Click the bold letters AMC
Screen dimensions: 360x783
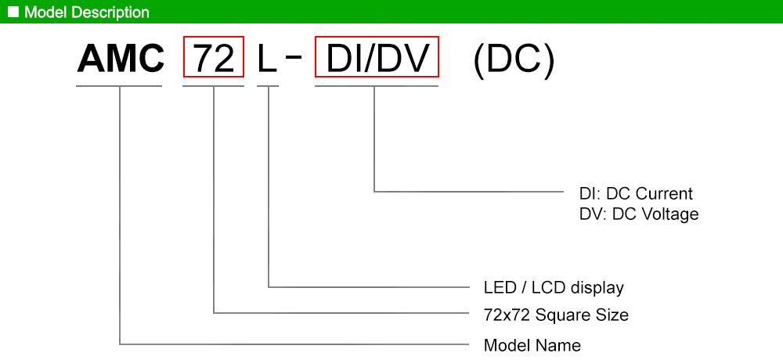point(120,59)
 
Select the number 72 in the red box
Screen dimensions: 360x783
point(214,59)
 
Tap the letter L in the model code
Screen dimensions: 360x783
point(267,59)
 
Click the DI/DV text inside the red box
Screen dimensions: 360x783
point(377,59)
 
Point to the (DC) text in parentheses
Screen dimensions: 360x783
point(514,59)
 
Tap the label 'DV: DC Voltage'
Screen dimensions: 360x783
point(639,214)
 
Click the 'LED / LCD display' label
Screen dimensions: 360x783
point(554,287)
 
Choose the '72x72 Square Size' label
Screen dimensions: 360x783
point(556,315)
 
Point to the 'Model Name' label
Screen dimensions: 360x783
point(532,345)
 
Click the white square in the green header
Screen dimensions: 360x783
point(13,12)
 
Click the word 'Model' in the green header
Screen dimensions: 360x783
point(41,13)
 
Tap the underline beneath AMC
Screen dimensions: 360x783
point(120,85)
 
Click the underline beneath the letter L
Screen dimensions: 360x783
point(268,85)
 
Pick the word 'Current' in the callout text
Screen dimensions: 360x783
point(665,194)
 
